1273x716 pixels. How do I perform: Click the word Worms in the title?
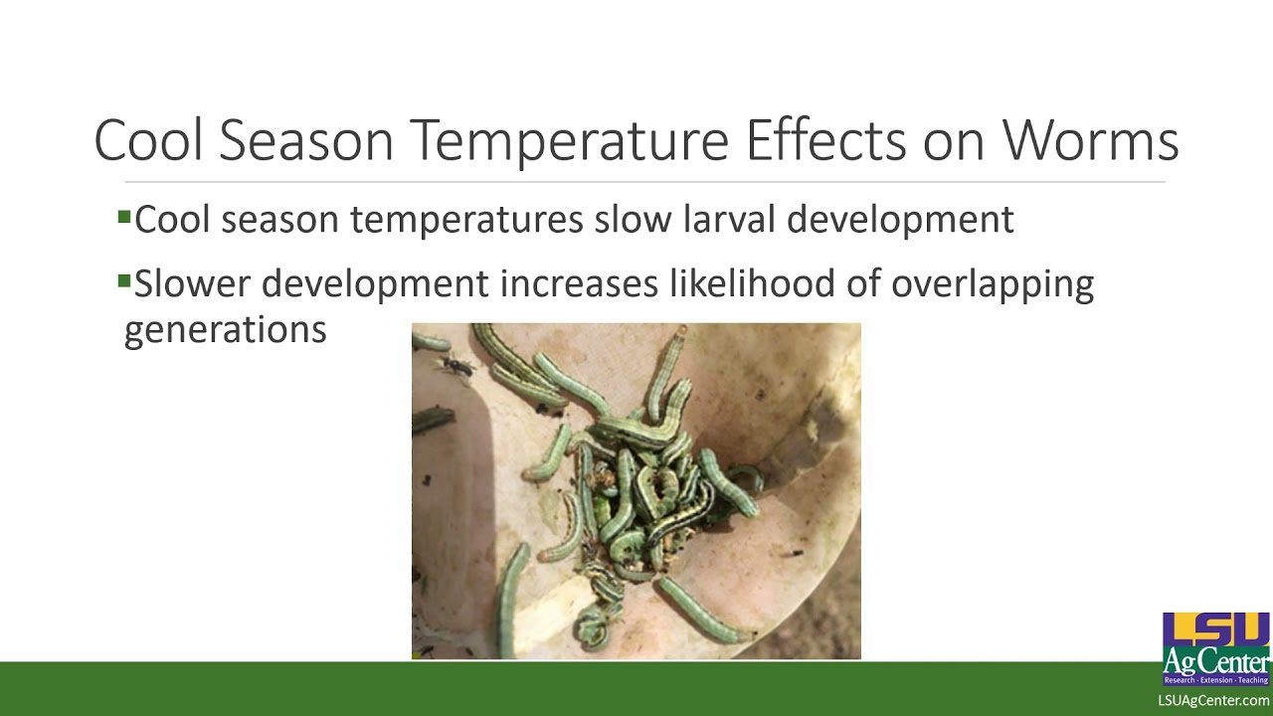coord(1090,140)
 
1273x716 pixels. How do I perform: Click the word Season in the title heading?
coord(306,140)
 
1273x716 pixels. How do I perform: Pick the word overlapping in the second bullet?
coord(992,284)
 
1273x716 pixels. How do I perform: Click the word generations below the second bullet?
coord(225,330)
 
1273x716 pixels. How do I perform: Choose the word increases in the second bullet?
coord(579,284)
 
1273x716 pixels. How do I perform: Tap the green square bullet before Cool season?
coord(124,216)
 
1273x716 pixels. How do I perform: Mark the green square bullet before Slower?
coord(124,281)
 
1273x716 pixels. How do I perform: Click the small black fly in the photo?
coord(455,367)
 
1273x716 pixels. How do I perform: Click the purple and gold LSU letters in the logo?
coord(1216,629)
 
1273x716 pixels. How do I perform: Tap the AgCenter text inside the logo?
coord(1216,661)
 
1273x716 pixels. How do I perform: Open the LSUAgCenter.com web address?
coord(1213,701)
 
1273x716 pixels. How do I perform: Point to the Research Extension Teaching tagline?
coord(1216,680)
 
